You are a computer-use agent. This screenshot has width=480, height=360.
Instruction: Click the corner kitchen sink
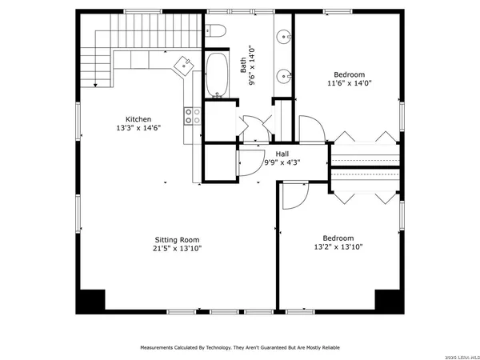pyautogui.click(x=182, y=64)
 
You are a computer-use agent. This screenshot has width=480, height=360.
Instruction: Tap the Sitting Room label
pyautogui.click(x=177, y=239)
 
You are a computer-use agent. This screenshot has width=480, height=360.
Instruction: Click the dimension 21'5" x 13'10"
pyautogui.click(x=177, y=249)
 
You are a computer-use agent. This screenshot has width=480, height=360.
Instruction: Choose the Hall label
pyautogui.click(x=282, y=154)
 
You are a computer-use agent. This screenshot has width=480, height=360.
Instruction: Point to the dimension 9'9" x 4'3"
pyautogui.click(x=282, y=163)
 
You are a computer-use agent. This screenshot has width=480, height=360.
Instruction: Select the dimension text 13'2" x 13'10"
pyautogui.click(x=338, y=247)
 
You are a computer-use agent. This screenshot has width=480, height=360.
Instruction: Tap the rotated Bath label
pyautogui.click(x=244, y=65)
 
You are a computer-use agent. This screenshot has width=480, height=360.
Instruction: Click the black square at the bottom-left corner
pyautogui.click(x=90, y=301)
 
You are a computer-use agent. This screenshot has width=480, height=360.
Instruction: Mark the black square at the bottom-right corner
pyautogui.click(x=389, y=301)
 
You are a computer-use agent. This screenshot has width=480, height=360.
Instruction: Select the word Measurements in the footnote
pyautogui.click(x=162, y=348)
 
